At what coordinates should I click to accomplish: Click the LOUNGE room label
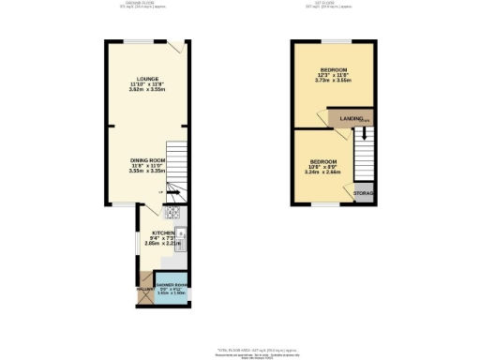[147, 79]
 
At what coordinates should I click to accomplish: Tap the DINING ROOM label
[147, 160]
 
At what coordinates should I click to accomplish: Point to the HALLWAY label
[145, 289]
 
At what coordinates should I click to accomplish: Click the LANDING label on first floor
[352, 119]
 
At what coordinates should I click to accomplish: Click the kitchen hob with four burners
[173, 212]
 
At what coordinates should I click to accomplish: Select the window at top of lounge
[141, 40]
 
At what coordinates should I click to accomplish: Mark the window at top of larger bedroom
[336, 40]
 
